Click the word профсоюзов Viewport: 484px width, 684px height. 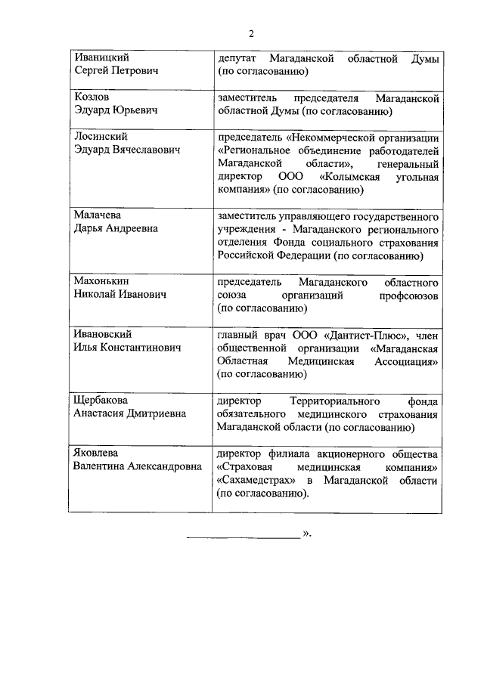click(409, 295)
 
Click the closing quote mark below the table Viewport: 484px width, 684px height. click(306, 534)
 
